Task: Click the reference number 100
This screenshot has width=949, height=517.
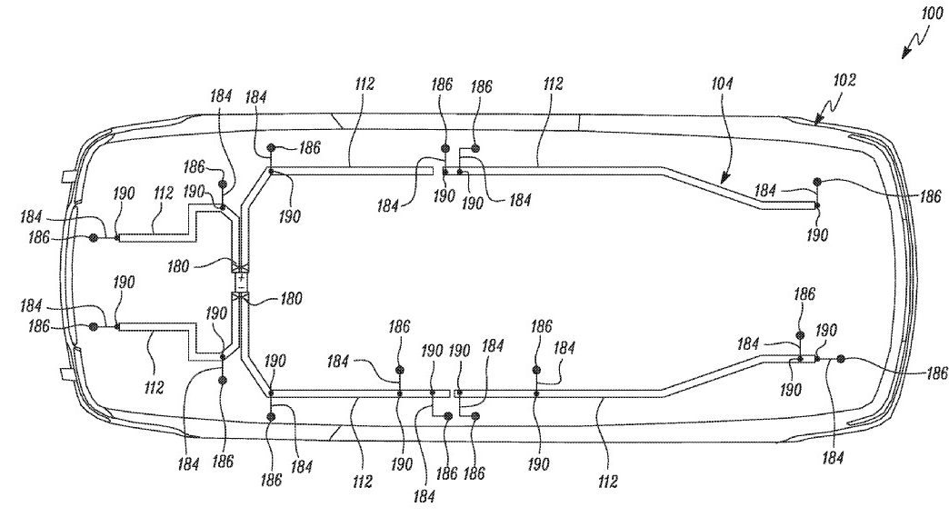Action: point(933,14)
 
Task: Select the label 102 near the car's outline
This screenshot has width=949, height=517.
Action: point(844,80)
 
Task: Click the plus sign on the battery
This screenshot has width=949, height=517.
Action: point(241,277)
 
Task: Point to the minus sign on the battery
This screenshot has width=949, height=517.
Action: point(241,286)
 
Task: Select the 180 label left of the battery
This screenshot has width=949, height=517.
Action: point(177,266)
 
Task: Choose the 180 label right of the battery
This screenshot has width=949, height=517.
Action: point(291,299)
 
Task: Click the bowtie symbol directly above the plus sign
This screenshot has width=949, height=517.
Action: point(241,268)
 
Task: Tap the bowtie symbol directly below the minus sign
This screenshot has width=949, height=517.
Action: point(241,296)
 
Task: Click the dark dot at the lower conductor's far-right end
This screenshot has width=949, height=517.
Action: point(840,359)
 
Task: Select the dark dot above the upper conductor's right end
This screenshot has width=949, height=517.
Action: point(817,181)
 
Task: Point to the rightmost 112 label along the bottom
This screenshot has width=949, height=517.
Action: point(607,482)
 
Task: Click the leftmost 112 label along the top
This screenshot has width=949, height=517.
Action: point(365,84)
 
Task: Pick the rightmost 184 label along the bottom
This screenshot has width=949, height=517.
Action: point(833,458)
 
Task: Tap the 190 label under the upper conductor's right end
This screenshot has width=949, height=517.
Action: point(817,234)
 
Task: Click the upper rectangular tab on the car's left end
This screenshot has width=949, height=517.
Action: point(68,176)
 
